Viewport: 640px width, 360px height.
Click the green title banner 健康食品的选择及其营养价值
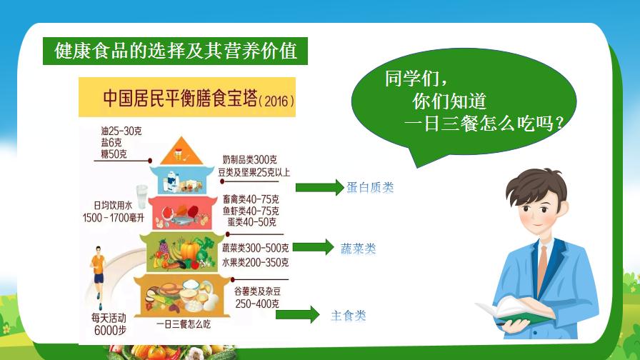pos(175,51)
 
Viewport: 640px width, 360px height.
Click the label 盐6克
pos(111,142)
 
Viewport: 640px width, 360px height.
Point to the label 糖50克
pos(114,154)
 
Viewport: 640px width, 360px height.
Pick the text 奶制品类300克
pos(250,159)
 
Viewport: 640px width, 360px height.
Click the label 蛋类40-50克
pos(252,222)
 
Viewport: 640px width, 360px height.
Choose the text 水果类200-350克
pos(256,262)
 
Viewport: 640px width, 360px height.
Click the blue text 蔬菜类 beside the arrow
pos(358,249)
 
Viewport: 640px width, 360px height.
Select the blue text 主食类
pos(348,315)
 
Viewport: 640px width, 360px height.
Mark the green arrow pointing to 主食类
pos(298,314)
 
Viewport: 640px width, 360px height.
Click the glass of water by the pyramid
pos(141,196)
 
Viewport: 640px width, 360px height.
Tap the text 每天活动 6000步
pos(109,324)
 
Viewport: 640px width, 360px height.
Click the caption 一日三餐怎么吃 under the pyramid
pos(184,324)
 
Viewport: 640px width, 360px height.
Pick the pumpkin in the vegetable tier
pos(189,250)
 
